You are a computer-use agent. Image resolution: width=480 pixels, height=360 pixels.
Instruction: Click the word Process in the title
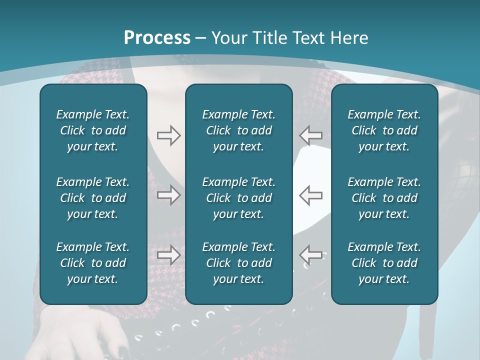(x=157, y=38)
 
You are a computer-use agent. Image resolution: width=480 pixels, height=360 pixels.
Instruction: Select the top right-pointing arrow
(x=168, y=135)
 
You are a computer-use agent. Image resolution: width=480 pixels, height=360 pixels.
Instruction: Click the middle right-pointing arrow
(x=168, y=195)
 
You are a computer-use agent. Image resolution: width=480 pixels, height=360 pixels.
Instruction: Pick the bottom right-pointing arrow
(x=168, y=255)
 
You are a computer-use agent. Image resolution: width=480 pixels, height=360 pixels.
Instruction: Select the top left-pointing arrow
(x=311, y=135)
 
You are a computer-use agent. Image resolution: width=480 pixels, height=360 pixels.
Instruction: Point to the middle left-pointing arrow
(x=311, y=195)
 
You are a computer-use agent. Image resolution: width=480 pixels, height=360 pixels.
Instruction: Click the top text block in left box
(x=93, y=130)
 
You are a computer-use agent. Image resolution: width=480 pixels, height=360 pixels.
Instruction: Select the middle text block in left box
(x=93, y=198)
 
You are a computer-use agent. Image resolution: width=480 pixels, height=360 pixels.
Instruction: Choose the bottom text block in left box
(x=93, y=263)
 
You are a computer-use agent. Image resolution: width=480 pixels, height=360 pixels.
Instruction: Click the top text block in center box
(x=238, y=130)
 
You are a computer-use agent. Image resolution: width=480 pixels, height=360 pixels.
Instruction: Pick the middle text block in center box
(x=238, y=198)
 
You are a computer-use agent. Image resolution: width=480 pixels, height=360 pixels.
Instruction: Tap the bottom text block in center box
(x=238, y=263)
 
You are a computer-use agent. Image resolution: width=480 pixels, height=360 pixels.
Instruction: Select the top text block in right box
(x=384, y=130)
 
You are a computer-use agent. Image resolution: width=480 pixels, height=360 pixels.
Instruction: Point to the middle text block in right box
(x=384, y=198)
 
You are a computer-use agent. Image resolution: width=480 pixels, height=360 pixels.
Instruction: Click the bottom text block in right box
(x=384, y=263)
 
